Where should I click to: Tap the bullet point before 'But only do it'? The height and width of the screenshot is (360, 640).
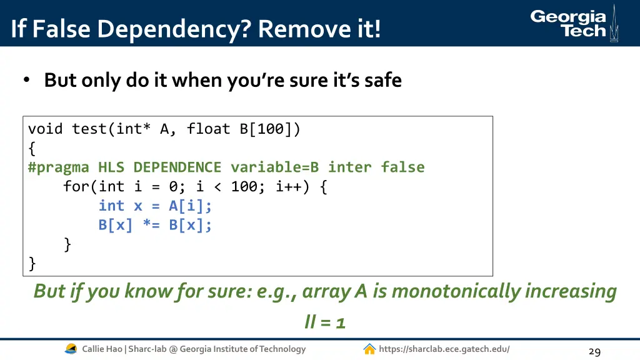26,81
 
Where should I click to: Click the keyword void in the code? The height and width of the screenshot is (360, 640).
46,129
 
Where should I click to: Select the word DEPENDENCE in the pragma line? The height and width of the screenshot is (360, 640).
177,167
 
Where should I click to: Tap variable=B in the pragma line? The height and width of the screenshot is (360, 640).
274,167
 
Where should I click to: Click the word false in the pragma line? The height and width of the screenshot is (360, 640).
402,167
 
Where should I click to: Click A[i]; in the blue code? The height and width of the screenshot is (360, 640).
191,206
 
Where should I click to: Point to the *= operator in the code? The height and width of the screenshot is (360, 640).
151,225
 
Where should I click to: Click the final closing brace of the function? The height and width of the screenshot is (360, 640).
32,264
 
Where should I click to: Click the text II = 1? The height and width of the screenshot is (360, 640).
325,322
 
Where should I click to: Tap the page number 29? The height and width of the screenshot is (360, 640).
594,352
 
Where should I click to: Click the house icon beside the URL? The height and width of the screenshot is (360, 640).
369,349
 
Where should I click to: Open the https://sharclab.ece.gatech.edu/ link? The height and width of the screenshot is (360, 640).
444,349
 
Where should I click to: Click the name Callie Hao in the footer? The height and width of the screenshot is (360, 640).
102,349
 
